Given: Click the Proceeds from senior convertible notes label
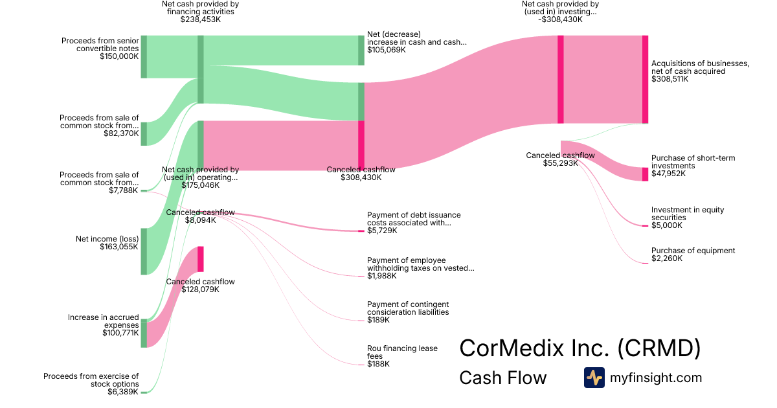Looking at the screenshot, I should pyautogui.click(x=100, y=45).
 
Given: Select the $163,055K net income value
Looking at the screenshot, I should pyautogui.click(x=119, y=247).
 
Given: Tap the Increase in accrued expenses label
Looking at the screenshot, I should pyautogui.click(x=104, y=321).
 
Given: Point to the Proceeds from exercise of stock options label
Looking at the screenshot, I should pyautogui.click(x=91, y=380).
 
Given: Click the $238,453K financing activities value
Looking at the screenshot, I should pyautogui.click(x=200, y=19).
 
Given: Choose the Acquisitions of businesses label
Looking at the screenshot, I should pyautogui.click(x=700, y=67).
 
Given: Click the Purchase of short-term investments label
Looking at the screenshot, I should pyautogui.click(x=693, y=162).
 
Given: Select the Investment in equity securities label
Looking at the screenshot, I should pyautogui.click(x=688, y=214).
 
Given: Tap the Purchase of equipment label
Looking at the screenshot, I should pyautogui.click(x=693, y=251).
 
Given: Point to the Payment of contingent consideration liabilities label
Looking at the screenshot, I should pyautogui.click(x=408, y=308).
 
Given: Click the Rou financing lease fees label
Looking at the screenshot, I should pyautogui.click(x=402, y=352).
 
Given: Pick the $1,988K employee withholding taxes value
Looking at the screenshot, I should pyautogui.click(x=382, y=276).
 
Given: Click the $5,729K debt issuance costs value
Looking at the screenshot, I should pyautogui.click(x=382, y=231).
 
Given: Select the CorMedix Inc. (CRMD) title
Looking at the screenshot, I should pyautogui.click(x=580, y=348).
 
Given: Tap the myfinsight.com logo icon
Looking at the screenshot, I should pyautogui.click(x=594, y=378).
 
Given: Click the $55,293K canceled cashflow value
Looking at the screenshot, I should pyautogui.click(x=560, y=163).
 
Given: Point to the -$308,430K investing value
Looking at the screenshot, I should pyautogui.click(x=560, y=19).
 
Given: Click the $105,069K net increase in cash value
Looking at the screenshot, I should pyautogui.click(x=387, y=50).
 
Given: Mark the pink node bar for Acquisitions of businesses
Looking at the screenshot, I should pyautogui.click(x=645, y=79).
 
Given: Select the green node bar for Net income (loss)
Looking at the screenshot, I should pyautogui.click(x=144, y=251).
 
